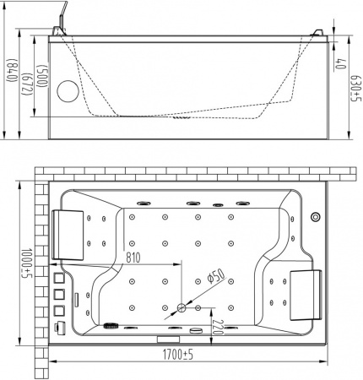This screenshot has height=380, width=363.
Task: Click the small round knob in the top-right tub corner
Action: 315,215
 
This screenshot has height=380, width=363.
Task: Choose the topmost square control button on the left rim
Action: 58,279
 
